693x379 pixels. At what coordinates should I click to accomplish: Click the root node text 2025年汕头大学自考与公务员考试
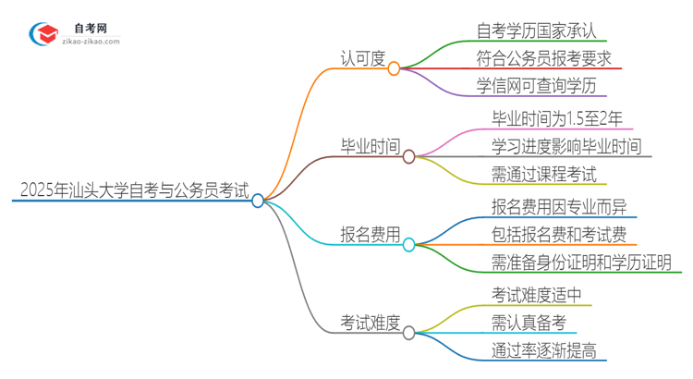point(133,191)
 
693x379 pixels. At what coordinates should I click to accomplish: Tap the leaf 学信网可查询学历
point(536,87)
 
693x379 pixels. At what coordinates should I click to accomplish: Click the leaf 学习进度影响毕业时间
point(566,146)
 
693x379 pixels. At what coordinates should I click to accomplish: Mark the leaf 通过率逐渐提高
point(543,351)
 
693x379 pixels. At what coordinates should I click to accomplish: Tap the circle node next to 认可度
point(395,68)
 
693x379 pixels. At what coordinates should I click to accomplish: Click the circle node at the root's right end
point(258,200)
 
